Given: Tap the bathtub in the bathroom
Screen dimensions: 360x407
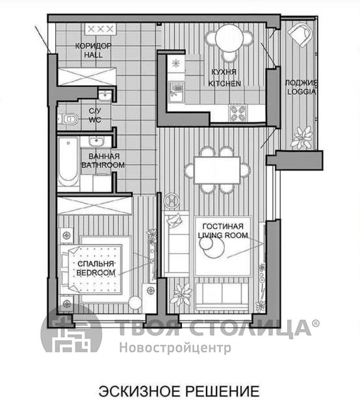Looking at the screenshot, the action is point(68,161).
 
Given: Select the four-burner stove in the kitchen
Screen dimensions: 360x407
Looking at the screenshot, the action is point(238,113).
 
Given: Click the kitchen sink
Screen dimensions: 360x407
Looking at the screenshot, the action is point(176,92).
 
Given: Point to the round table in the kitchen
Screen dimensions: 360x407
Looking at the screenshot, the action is point(229,38).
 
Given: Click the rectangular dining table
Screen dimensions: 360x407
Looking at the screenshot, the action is point(217,170).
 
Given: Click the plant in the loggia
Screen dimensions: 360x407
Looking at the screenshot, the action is point(302,138).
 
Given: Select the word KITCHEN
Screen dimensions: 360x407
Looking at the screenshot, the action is point(225,83).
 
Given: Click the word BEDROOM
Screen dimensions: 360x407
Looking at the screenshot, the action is point(96,273).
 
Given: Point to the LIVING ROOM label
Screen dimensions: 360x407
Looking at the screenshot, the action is point(223,235).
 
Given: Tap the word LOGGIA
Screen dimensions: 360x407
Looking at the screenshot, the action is point(302,92).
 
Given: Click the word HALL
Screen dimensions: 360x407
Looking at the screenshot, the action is point(94,55).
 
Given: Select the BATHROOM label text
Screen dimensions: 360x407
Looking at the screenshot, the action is point(103,165).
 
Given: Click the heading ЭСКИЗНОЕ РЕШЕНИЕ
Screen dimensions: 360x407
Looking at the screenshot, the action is point(179,391).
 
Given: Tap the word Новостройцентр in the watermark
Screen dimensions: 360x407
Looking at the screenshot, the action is point(175,347).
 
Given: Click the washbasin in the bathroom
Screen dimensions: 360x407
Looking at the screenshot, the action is point(96,142).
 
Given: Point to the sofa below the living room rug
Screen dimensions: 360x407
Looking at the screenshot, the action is point(222,297).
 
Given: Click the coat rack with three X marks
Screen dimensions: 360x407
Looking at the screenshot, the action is point(100,29).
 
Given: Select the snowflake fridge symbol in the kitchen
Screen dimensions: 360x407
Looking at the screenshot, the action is point(176,63).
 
